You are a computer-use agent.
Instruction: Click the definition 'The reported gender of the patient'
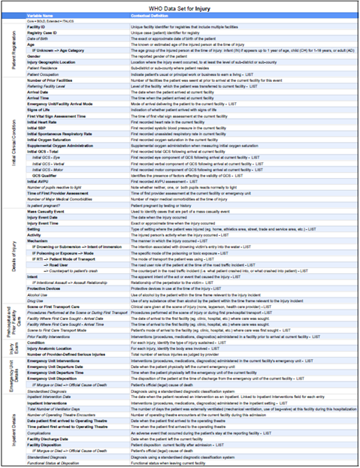coord(159,56)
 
